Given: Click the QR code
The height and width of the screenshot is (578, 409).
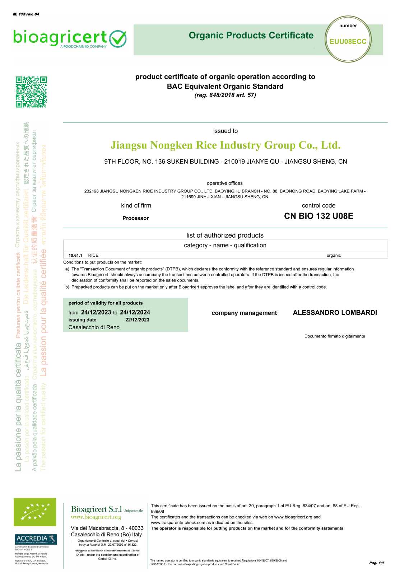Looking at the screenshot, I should (x=31, y=92).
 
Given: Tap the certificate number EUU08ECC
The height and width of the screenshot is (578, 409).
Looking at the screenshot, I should (x=348, y=42).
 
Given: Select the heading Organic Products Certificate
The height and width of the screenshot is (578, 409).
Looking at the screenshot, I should (x=251, y=36).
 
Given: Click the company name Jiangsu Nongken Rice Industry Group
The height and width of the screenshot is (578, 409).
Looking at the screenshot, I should (x=225, y=145).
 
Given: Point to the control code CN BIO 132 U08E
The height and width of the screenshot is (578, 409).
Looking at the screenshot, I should (x=318, y=216).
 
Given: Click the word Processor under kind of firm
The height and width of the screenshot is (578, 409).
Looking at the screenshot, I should (x=135, y=218).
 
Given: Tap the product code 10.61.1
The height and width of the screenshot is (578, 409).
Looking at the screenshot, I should (x=75, y=256).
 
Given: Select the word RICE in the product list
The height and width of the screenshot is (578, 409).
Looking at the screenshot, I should (x=93, y=256).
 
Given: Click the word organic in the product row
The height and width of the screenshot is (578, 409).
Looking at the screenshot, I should (x=334, y=256).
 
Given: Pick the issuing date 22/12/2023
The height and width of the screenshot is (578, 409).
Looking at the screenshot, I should (x=137, y=320).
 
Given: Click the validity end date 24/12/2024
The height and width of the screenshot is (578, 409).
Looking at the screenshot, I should (x=135, y=312).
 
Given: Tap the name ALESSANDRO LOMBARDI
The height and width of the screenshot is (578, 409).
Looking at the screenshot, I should (x=335, y=313).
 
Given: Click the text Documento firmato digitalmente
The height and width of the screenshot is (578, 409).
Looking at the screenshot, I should (x=335, y=336).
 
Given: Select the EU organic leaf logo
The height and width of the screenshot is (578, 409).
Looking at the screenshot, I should (x=35, y=512).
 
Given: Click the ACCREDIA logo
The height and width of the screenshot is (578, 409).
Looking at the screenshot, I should (x=36, y=539).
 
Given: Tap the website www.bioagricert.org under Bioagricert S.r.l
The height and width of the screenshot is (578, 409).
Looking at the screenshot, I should (x=96, y=517).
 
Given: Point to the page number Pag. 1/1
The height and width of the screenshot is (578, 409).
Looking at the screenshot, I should (x=376, y=563).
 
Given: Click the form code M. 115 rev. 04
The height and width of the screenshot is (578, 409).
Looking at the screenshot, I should (x=26, y=14).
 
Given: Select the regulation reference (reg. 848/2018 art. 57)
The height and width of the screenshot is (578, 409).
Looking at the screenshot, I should (x=225, y=95).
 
